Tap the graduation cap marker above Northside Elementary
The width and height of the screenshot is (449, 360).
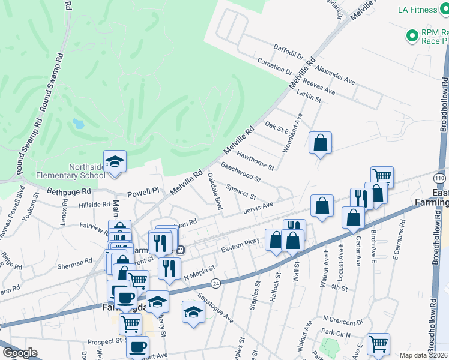pyautogui.click(x=115, y=161)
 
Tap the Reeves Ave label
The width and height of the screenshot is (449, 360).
pyautogui.click(x=319, y=88)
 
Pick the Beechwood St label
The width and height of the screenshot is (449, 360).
pyautogui.click(x=240, y=172)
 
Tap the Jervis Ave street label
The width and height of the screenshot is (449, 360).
pyautogui.click(x=259, y=208)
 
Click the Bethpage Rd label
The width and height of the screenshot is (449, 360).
pyautogui.click(x=70, y=194)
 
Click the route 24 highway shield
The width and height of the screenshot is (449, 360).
pyautogui.click(x=215, y=283)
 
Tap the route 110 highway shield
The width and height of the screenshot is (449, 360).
pyautogui.click(x=440, y=179)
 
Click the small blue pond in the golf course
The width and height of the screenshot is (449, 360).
pyautogui.click(x=78, y=124)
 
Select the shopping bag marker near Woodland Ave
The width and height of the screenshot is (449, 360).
pyautogui.click(x=320, y=143)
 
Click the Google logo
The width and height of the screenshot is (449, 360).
pyautogui.click(x=20, y=353)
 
